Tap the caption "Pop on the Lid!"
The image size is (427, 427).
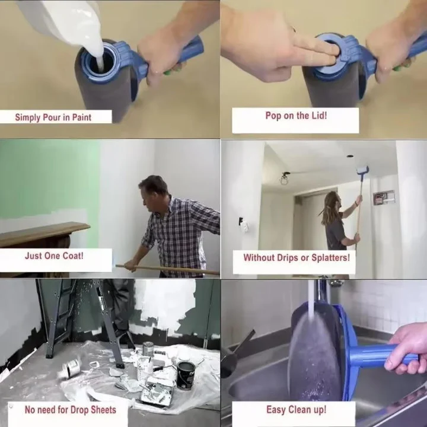click(x=295, y=116)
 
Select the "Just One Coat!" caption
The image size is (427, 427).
click(x=54, y=257)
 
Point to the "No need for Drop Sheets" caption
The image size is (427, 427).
click(x=71, y=409)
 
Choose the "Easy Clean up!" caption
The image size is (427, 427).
click(x=295, y=409)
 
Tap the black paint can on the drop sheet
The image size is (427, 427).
click(x=186, y=375)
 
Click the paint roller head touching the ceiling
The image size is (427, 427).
click(x=362, y=170)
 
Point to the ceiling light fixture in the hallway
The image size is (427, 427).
click(x=285, y=178)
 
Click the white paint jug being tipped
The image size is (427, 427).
click(x=59, y=18)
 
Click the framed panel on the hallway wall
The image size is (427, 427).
click(x=384, y=197)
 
